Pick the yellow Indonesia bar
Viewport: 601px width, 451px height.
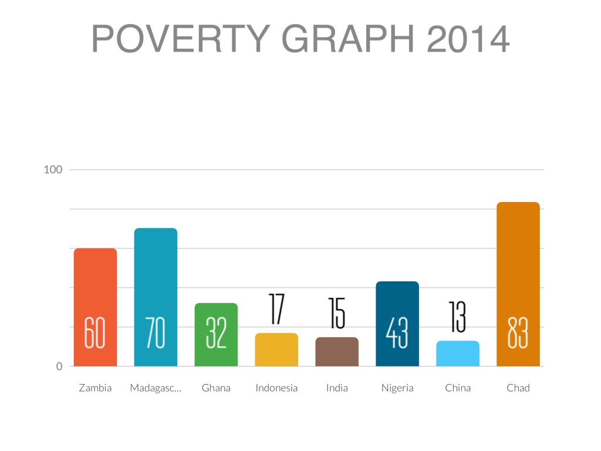(x=276, y=350)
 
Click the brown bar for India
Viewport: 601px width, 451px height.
(x=337, y=352)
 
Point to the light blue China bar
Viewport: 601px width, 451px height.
(x=458, y=354)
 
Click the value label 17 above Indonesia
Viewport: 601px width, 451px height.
(x=276, y=309)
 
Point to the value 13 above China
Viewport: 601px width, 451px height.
(x=458, y=317)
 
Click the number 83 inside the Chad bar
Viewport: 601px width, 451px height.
(x=518, y=333)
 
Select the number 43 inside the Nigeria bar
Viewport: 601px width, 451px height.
(x=397, y=333)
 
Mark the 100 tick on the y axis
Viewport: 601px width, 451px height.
(x=53, y=170)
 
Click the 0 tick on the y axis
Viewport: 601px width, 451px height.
(x=59, y=366)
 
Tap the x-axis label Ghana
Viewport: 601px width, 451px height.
(x=216, y=388)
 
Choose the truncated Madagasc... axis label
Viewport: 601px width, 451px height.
(x=156, y=388)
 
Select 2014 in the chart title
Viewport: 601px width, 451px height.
(x=468, y=39)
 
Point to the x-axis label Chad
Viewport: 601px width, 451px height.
(x=518, y=388)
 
